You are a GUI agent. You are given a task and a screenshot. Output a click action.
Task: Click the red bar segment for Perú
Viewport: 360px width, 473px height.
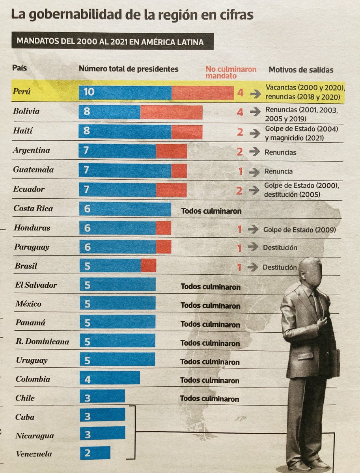click(202, 93)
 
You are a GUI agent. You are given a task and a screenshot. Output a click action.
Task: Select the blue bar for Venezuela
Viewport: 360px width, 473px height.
click(95, 453)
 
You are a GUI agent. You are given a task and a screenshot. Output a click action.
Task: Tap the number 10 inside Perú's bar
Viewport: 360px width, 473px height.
click(89, 92)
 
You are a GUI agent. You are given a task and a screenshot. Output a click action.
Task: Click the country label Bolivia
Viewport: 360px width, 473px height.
click(26, 112)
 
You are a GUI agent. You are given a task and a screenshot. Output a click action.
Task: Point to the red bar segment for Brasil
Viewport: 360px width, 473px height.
click(149, 266)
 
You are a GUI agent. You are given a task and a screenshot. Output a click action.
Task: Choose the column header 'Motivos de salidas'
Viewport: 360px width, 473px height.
click(300, 70)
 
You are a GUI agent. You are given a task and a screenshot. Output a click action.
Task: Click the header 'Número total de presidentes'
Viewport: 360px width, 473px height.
click(129, 69)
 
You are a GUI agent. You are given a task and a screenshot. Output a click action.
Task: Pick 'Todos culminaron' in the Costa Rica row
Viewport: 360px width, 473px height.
click(211, 211)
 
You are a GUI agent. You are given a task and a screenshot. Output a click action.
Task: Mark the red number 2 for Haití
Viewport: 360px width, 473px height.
click(240, 132)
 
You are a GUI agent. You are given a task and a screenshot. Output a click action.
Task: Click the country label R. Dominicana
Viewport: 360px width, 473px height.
click(42, 342)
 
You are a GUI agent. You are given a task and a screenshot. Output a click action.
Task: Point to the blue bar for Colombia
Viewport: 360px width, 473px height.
click(110, 379)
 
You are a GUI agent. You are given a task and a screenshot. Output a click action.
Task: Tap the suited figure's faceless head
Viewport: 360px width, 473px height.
click(310, 272)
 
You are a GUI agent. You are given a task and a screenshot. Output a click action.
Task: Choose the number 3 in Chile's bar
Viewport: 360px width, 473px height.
click(87, 398)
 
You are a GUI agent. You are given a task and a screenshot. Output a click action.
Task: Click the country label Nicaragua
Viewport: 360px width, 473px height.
click(35, 436)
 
